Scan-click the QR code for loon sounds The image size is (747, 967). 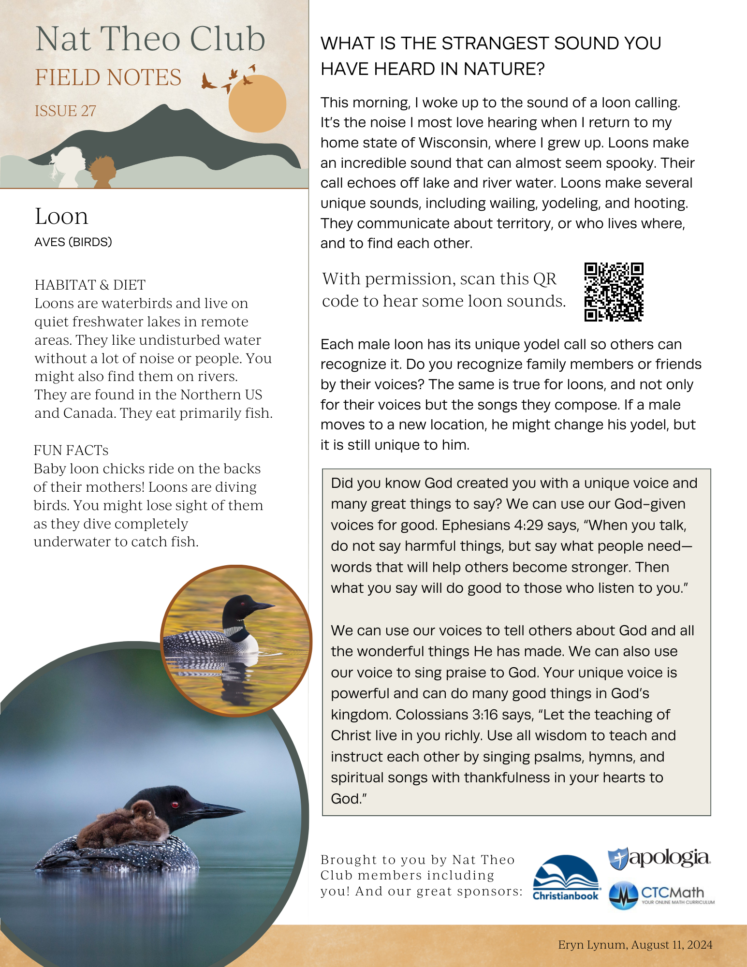[614, 292]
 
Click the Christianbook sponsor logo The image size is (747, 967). [566, 878]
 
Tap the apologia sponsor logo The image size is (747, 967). [659, 858]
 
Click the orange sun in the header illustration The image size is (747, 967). [257, 103]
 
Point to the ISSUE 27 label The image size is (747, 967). [65, 111]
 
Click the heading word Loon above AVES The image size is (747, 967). [61, 216]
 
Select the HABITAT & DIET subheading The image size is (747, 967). [90, 285]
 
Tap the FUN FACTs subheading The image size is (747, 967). [71, 450]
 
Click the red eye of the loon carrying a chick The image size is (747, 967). [175, 805]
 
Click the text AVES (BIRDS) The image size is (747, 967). [73, 242]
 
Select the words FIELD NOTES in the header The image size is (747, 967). [108, 77]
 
